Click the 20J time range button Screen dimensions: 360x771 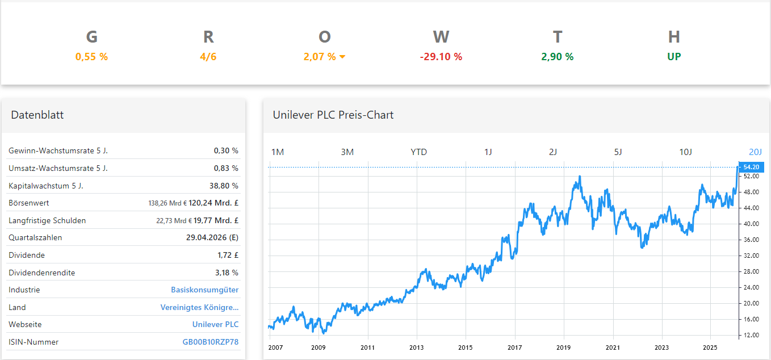coord(755,152)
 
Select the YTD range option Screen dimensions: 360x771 coord(418,152)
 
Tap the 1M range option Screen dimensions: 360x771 coord(278,152)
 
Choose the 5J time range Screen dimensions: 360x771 coord(618,152)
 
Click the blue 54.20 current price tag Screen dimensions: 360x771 coord(751,167)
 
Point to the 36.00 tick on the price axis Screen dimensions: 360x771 coord(751,240)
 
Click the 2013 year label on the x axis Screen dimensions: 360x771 coord(417,347)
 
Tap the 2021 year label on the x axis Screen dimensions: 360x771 coord(613,347)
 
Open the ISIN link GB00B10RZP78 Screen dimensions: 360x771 coord(210,342)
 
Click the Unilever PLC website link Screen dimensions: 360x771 coord(215,324)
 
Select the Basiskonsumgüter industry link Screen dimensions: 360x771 coord(204,290)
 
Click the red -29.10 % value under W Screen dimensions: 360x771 coord(441,57)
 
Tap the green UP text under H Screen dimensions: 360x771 coord(674,57)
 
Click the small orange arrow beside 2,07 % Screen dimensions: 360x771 coord(342,57)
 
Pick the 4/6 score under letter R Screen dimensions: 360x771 coord(208,57)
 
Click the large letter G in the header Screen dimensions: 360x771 coord(91,37)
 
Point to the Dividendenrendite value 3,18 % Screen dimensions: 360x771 coord(227,273)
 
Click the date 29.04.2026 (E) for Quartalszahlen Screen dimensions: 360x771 coord(212,237)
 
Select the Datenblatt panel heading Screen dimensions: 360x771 coord(37,115)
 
